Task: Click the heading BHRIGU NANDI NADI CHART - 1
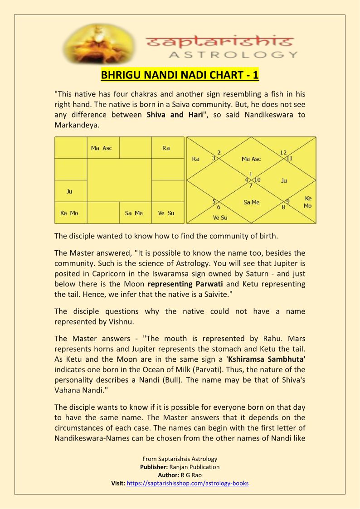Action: pyautogui.click(x=180, y=75)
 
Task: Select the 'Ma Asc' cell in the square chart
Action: pyautogui.click(x=102, y=148)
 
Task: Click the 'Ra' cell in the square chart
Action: pyautogui.click(x=166, y=148)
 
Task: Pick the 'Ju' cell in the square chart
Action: pyautogui.click(x=69, y=191)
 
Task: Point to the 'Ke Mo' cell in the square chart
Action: pyautogui.click(x=69, y=213)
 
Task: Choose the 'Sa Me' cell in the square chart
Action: pyautogui.click(x=134, y=213)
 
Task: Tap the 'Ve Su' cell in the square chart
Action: pyautogui.click(x=166, y=213)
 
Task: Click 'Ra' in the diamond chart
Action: pyautogui.click(x=196, y=159)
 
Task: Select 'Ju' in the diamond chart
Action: pyautogui.click(x=284, y=180)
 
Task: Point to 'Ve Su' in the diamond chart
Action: pyautogui.click(x=220, y=218)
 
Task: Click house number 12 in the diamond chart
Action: pyautogui.click(x=283, y=152)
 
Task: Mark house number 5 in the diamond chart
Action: pyautogui.click(x=214, y=201)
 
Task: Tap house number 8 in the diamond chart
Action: pyautogui.click(x=283, y=208)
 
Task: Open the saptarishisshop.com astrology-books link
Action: pyautogui.click(x=188, y=483)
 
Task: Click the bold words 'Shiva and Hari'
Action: pyautogui.click(x=171, y=115)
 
